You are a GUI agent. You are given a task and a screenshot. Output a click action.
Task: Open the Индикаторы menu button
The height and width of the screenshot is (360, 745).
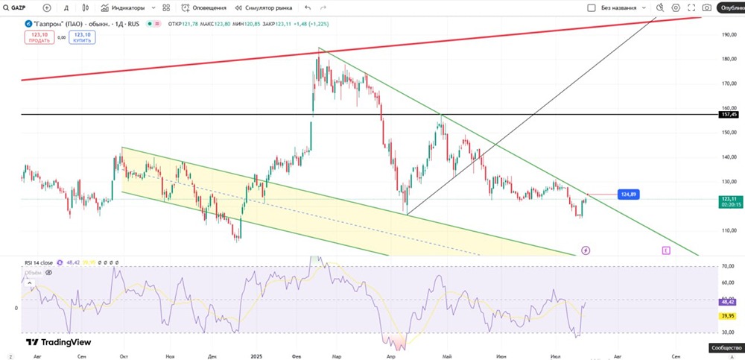(x=128, y=7)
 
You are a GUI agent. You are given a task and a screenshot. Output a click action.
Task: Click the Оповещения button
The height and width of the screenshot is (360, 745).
(x=205, y=7)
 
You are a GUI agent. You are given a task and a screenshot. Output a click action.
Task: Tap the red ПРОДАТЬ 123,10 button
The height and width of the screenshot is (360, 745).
(x=40, y=37)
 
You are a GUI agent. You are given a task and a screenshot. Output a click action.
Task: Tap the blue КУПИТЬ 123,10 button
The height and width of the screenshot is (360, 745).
(x=82, y=37)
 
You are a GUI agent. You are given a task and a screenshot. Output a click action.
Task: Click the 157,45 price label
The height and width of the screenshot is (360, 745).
(x=729, y=115)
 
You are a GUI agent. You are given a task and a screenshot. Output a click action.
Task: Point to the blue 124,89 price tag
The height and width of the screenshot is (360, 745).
(x=628, y=194)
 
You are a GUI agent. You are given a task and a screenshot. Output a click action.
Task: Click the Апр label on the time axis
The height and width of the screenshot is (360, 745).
(x=391, y=356)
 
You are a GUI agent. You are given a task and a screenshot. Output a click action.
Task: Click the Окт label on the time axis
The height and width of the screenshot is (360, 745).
(x=124, y=356)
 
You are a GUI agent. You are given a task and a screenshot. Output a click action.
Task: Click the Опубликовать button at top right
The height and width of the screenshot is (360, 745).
(x=731, y=7)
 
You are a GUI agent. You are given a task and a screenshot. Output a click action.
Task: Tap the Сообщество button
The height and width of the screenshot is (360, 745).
(x=726, y=347)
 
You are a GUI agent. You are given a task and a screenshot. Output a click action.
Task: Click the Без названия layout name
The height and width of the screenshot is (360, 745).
(x=618, y=7)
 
